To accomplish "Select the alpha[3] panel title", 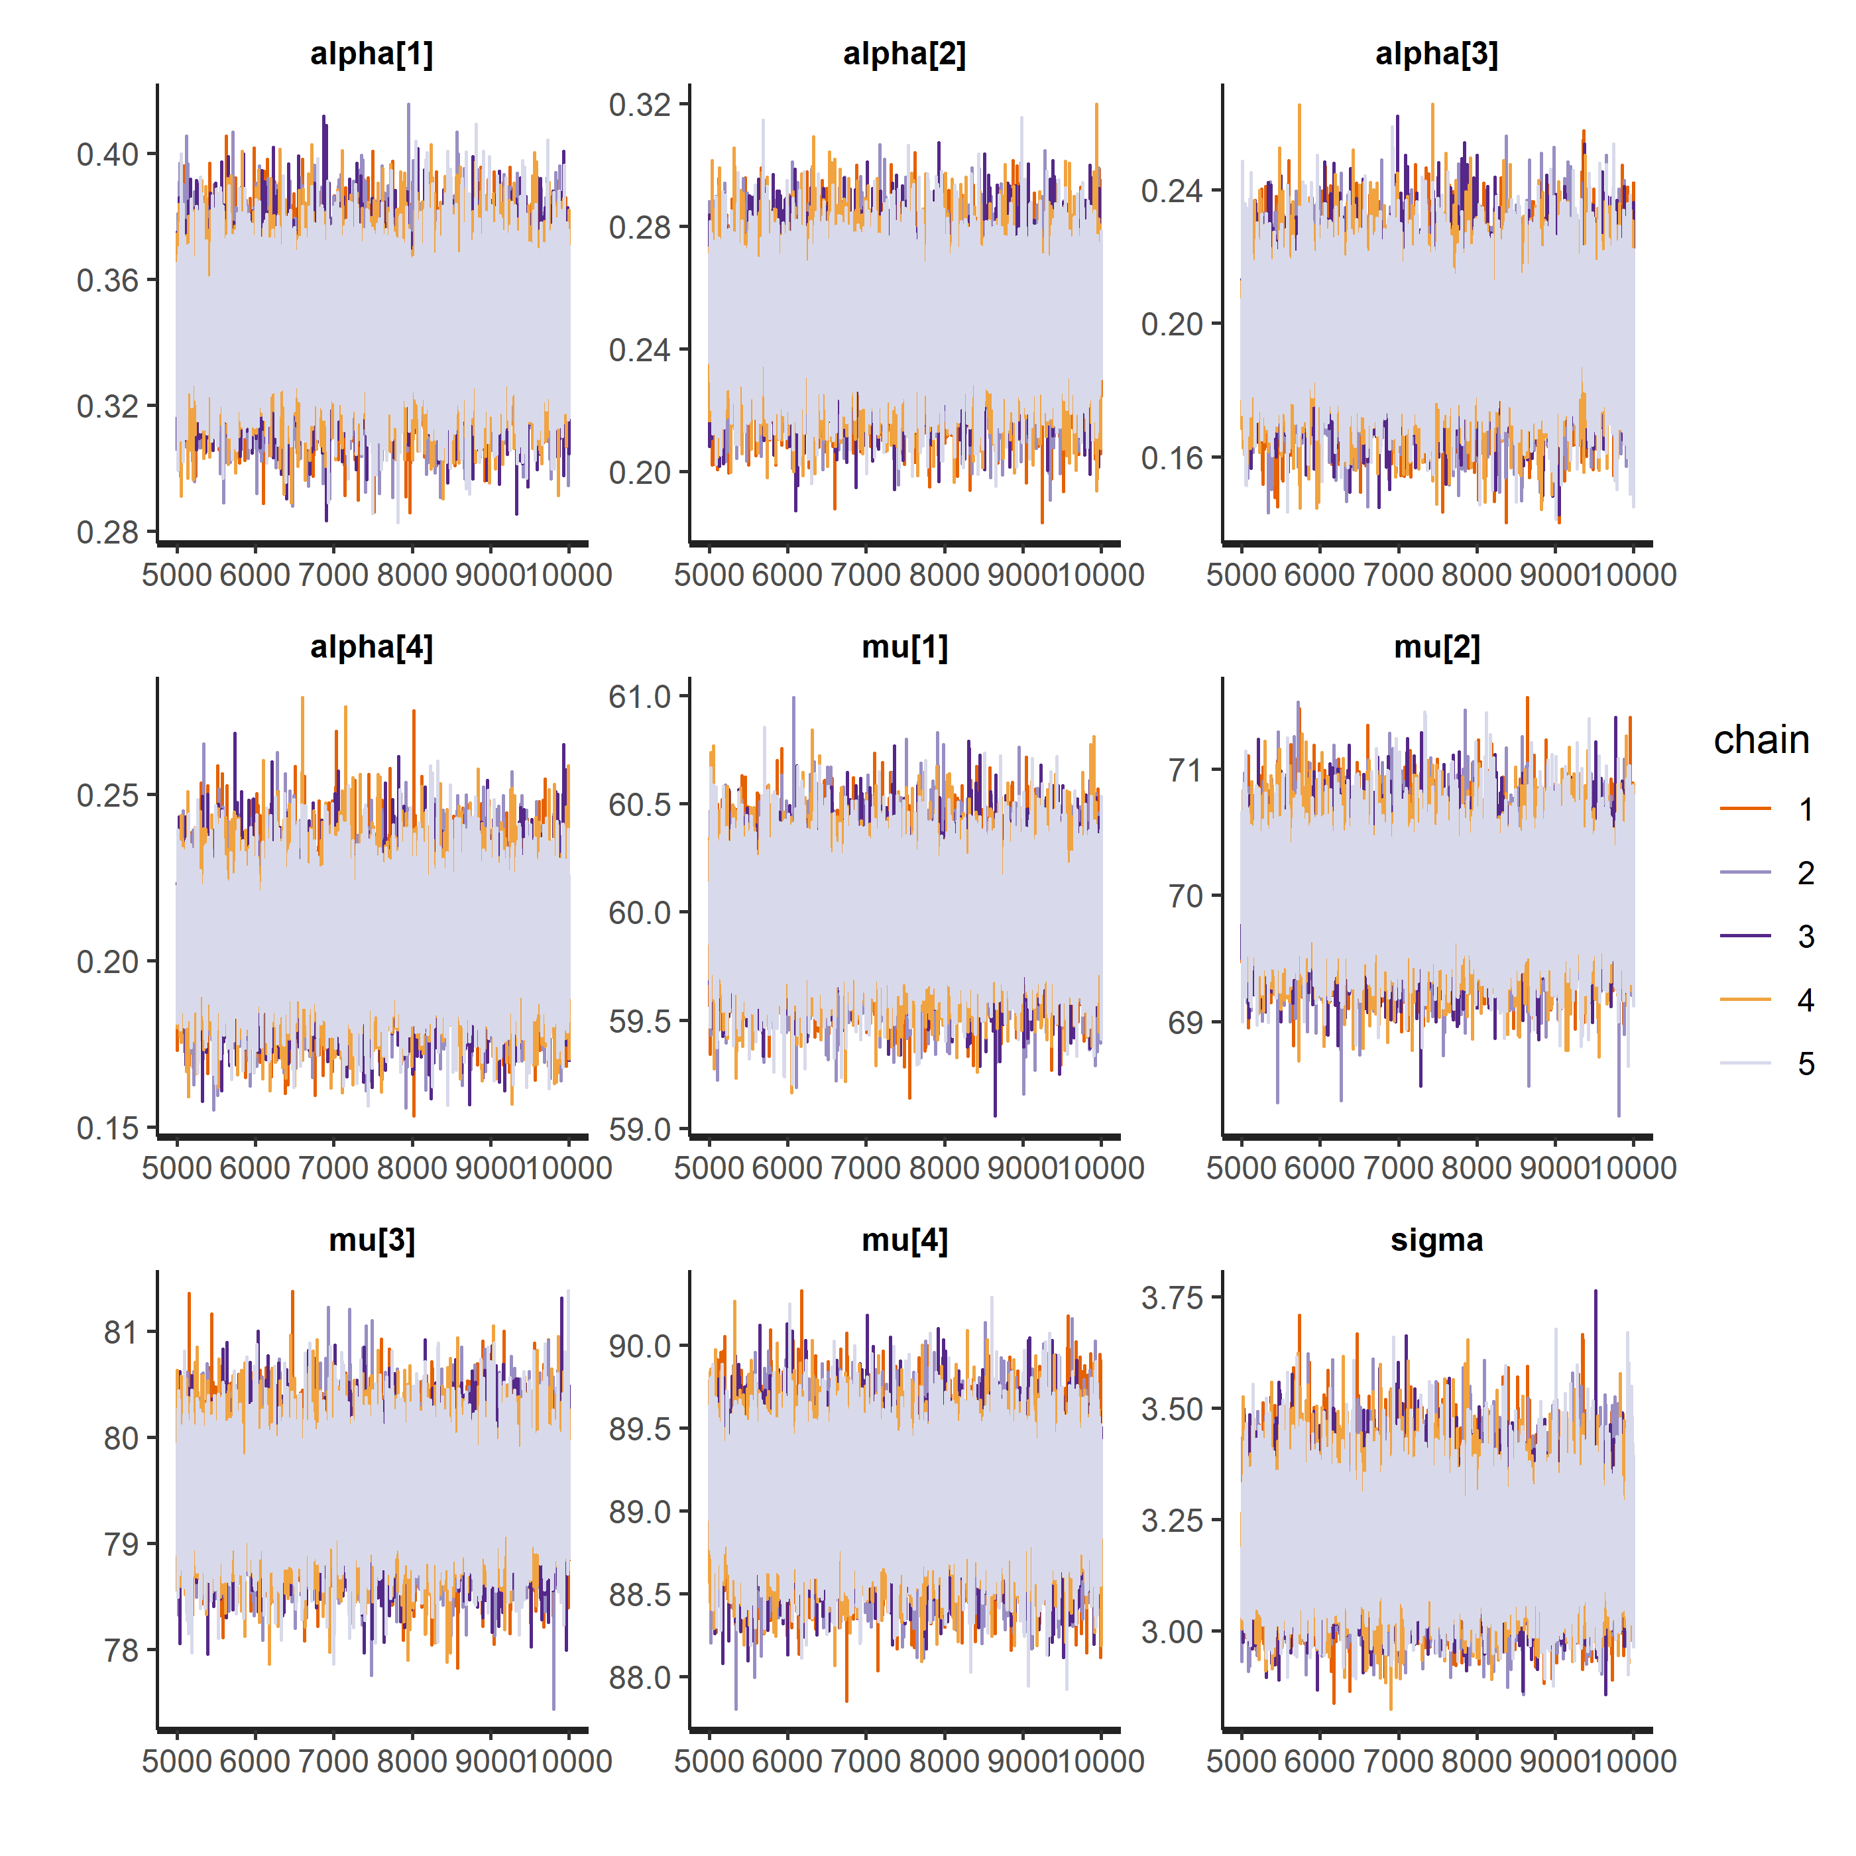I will (1436, 54).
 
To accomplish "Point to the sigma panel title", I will (1436, 1240).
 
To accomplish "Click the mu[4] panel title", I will (904, 1240).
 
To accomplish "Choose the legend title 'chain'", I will (1761, 740).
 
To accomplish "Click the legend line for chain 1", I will (1745, 809).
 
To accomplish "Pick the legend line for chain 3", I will (1745, 936).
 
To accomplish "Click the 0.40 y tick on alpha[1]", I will (107, 154).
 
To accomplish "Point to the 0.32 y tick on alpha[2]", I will (640, 105).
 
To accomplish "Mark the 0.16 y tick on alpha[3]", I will (1172, 458).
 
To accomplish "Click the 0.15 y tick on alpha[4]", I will (107, 1128).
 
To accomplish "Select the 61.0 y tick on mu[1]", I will (640, 697).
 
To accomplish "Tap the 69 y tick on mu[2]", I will (1185, 1023).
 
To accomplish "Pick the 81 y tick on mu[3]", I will (121, 1332).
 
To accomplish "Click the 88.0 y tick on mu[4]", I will (640, 1677).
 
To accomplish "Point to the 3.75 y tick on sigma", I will (1172, 1298).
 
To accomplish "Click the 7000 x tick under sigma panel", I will (1398, 1761).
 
